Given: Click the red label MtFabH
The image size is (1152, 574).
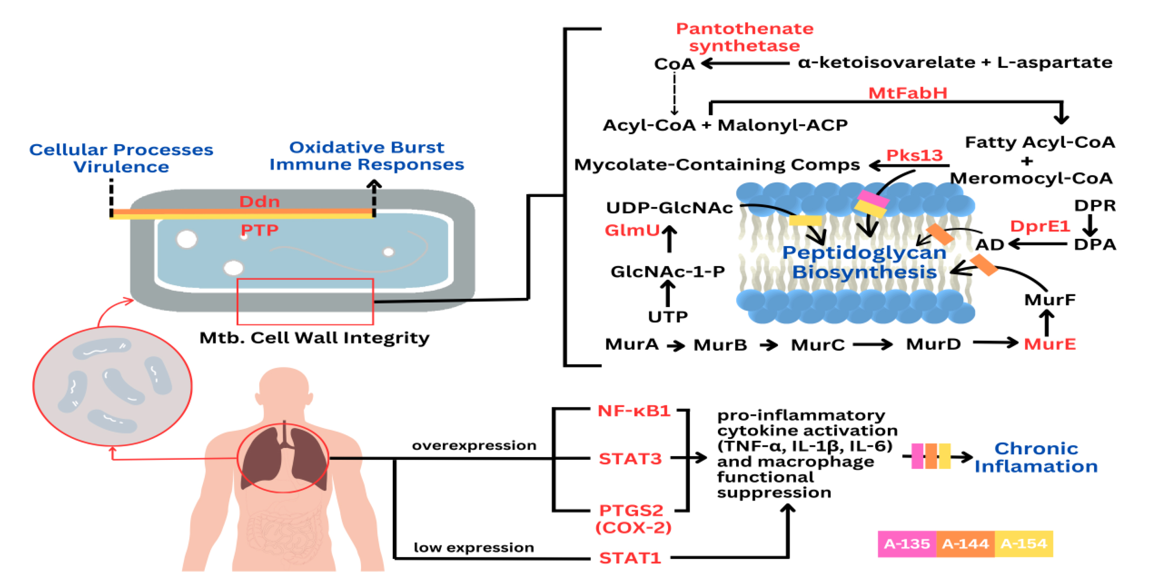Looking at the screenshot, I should click(907, 93).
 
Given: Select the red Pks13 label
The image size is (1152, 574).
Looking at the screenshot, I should click(914, 155).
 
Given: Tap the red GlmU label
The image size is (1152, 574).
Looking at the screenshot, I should click(632, 230).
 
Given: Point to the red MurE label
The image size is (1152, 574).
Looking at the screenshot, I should click(1049, 344).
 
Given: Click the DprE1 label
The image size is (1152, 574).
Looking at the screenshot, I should click(1040, 226).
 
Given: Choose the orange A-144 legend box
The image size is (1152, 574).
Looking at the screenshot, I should click(965, 544).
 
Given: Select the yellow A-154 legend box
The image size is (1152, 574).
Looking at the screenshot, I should click(1024, 544).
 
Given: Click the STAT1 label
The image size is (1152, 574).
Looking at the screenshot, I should click(630, 558).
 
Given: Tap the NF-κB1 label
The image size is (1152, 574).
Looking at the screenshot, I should click(634, 411).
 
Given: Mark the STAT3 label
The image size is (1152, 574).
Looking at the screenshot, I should click(630, 459).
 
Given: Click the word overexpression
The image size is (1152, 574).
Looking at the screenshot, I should click(474, 445).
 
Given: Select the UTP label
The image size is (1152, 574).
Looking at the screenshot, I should click(668, 317).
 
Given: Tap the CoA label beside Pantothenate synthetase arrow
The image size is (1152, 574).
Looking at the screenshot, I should click(674, 64).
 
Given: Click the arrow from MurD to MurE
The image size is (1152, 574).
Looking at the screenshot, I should click(995, 343).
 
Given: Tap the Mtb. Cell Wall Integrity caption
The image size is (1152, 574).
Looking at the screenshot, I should click(314, 338).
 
